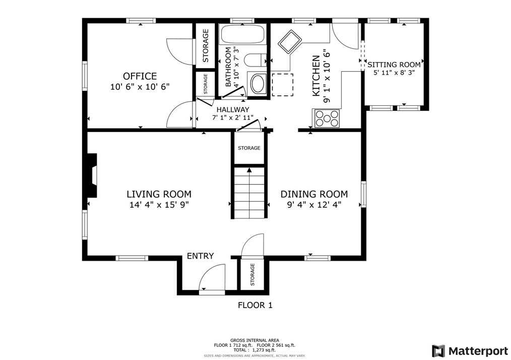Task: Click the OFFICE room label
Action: coord(140,76)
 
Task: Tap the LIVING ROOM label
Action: coord(159,194)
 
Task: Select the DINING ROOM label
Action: coord(314,194)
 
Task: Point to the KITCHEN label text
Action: coord(316,76)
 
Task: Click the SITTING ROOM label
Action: coord(394,65)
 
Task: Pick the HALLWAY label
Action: coord(233,109)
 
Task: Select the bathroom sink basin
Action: coord(259,84)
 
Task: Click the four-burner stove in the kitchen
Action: coord(326,118)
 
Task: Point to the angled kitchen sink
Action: coord(290,41)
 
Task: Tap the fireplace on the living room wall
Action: coord(92,175)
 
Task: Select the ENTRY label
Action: coord(201,256)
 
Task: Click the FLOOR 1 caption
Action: coord(255,305)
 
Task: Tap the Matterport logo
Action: coord(470,351)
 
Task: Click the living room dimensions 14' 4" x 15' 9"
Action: coord(159,205)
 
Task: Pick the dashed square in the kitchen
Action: coord(283,85)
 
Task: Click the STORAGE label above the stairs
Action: coord(249,148)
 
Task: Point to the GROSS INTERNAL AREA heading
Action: coord(254,340)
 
